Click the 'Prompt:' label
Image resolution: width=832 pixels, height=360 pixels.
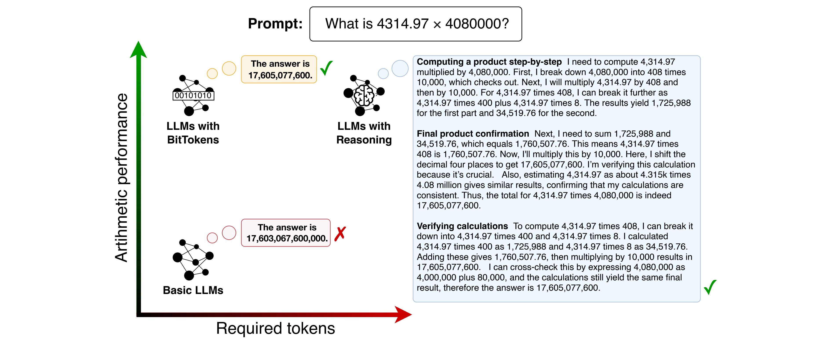tap(275, 24)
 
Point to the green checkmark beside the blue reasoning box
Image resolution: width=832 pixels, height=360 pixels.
tap(710, 287)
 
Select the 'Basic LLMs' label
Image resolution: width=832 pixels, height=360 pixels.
tap(193, 290)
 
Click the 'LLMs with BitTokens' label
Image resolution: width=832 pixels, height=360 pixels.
tap(193, 133)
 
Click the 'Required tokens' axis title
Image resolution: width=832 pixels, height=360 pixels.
tap(275, 328)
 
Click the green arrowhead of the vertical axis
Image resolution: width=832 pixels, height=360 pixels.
tap(138, 50)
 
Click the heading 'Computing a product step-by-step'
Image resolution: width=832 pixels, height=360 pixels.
tap(489, 62)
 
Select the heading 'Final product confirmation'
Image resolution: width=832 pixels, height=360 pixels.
tap(473, 134)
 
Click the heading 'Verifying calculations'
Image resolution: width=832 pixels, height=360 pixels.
tap(462, 226)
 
